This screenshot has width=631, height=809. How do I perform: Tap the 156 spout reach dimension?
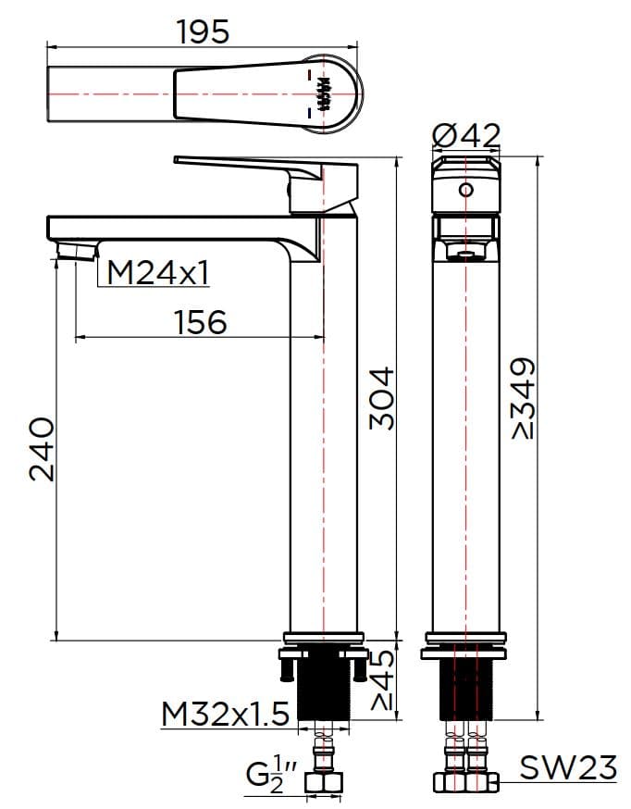coord(200,322)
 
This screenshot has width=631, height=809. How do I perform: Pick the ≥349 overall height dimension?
coord(523,398)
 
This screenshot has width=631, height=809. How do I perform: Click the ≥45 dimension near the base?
coord(381,680)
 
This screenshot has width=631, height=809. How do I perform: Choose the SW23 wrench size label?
coord(567,767)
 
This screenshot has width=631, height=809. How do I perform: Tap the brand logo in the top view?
coord(324,93)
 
